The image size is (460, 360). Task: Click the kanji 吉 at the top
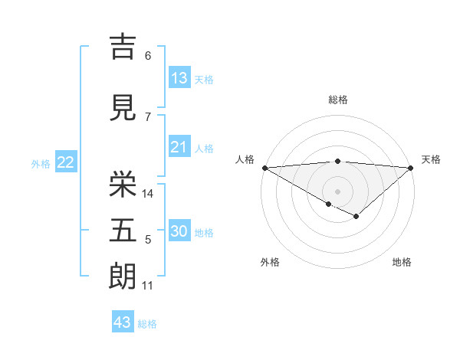click(123, 47)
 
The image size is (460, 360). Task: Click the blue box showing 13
click(179, 78)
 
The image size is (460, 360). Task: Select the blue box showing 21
click(179, 147)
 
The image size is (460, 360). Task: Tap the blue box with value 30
click(179, 231)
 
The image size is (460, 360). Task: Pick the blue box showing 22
click(65, 162)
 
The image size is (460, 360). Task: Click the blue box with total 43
click(123, 322)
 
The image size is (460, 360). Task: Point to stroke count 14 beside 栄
click(149, 194)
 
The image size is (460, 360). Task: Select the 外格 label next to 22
click(41, 163)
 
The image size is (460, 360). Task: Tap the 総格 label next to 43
click(147, 324)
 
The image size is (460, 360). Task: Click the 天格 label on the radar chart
click(431, 159)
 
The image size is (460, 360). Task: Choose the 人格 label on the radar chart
click(245, 159)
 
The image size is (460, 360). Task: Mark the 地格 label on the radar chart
click(402, 263)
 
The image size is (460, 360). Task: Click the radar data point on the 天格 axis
click(411, 168)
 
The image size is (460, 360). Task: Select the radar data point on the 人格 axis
click(264, 168)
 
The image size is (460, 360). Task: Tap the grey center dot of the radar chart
click(337, 191)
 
